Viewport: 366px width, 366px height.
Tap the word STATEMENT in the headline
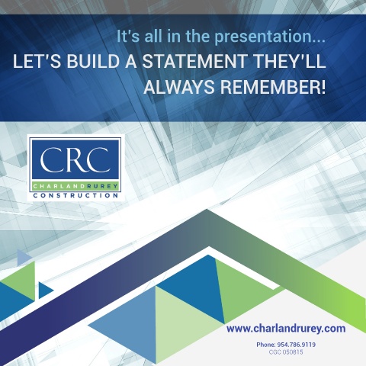[194, 61]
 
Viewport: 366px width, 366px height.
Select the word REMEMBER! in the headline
[273, 87]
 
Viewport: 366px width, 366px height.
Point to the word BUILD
[93, 61]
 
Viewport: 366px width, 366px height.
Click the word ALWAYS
[179, 87]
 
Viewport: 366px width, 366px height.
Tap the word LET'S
[37, 61]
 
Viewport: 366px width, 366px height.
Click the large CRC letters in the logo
[75, 159]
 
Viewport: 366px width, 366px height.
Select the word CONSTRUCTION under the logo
[75, 195]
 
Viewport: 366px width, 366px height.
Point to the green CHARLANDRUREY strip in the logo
[75, 186]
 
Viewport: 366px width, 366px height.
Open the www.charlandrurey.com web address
[286, 329]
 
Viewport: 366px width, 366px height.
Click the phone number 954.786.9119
[297, 345]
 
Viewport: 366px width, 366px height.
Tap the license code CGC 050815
[286, 352]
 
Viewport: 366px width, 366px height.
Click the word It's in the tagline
[128, 37]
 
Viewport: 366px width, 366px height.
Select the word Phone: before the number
[266, 345]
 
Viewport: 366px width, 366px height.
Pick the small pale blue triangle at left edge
[23, 257]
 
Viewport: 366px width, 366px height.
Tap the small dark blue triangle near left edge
[44, 290]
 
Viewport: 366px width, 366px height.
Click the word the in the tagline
[198, 37]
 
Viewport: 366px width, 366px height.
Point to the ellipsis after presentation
[319, 41]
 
